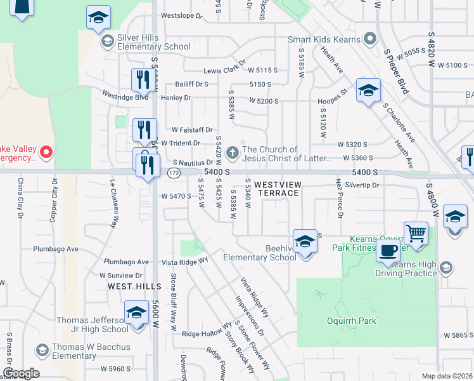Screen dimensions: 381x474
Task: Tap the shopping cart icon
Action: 416,232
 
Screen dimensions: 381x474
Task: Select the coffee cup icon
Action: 388,250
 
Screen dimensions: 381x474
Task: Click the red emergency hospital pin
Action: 46,152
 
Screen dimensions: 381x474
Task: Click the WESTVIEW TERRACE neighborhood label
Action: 276,188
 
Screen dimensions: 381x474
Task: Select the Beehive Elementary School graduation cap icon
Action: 305,242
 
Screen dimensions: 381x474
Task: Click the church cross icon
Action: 233,152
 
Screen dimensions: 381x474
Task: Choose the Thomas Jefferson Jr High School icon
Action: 136,314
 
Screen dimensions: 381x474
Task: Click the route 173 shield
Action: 173,173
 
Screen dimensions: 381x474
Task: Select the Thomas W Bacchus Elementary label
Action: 91,351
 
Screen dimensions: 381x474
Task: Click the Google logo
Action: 20,373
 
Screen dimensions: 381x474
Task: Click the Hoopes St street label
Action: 333,97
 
